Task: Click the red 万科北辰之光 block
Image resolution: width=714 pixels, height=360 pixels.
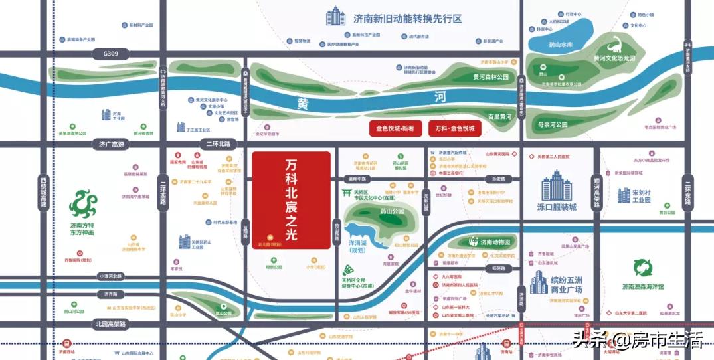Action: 291,199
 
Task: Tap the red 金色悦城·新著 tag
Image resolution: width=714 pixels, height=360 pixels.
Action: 396,129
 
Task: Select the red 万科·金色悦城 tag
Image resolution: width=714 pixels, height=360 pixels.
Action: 455,129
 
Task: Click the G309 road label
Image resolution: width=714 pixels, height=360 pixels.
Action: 106,53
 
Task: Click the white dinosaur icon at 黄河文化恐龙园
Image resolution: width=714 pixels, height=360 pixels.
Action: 616,45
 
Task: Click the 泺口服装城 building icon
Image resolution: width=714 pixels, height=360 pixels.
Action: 556,186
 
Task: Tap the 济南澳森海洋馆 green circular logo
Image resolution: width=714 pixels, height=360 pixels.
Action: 643,268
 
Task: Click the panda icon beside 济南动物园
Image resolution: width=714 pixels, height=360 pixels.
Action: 474,242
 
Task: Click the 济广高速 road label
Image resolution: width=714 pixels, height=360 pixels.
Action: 110,144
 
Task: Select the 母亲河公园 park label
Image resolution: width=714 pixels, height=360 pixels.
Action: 553,124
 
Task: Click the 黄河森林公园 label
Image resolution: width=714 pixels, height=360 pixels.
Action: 490,77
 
